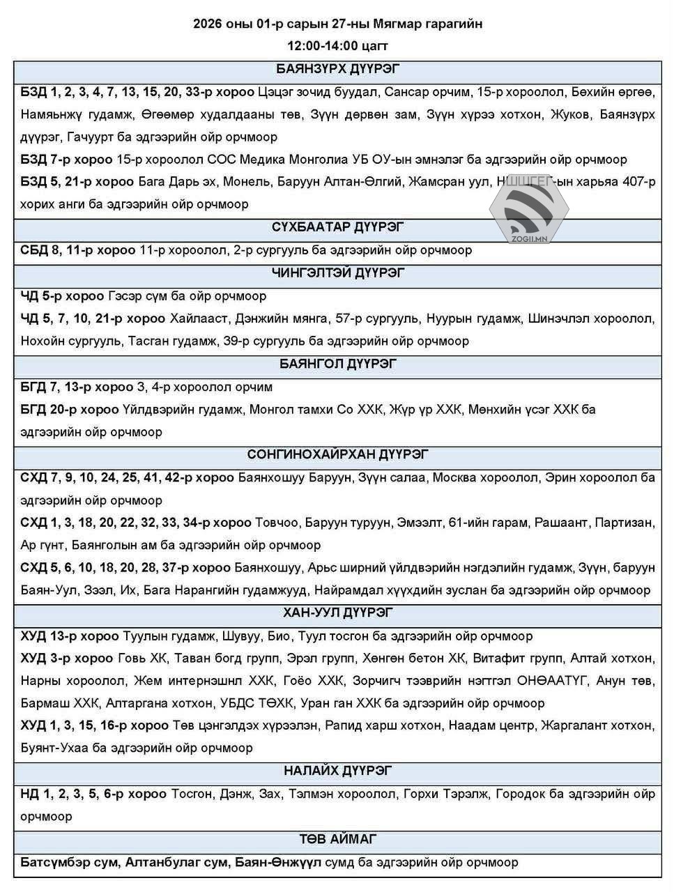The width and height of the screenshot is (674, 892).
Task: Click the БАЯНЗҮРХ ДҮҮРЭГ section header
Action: pos(337,69)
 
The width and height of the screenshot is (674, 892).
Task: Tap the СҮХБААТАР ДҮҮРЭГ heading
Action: pos(337,227)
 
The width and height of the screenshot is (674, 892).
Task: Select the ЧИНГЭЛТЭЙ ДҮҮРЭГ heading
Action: pos(337,272)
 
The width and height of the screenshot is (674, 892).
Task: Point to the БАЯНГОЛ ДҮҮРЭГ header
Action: pos(337,364)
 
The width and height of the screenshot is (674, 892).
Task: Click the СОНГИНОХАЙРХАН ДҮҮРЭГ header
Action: pos(337,454)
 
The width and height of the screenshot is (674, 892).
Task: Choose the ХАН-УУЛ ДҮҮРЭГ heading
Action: pos(337,613)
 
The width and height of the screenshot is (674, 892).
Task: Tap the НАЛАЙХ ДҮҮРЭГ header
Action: pos(337,771)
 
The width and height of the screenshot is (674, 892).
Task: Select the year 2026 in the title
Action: pos(208,24)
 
